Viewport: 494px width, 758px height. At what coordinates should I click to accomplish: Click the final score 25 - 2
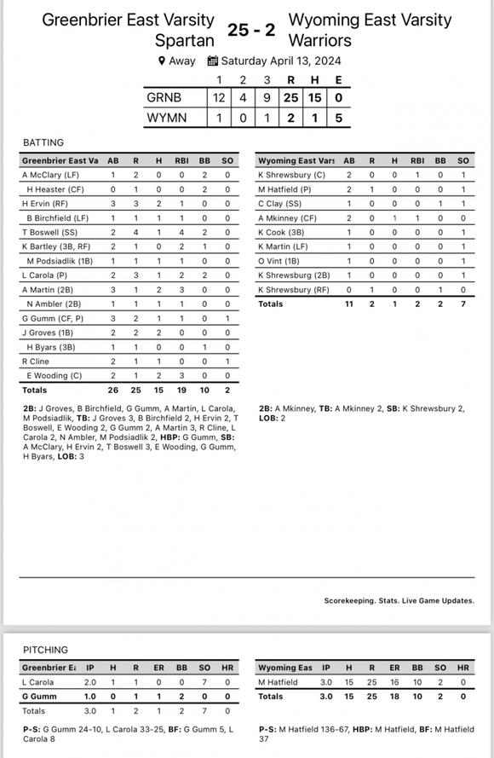click(251, 29)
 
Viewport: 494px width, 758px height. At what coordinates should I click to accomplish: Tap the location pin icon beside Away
click(162, 61)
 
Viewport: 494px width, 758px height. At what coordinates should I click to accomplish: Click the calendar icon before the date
click(213, 61)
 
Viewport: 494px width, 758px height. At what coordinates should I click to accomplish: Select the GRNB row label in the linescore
click(164, 98)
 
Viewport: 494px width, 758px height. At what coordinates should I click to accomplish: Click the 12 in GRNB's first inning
click(219, 98)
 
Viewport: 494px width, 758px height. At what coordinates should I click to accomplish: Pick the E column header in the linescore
click(339, 80)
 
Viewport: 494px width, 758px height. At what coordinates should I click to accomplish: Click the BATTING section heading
click(43, 142)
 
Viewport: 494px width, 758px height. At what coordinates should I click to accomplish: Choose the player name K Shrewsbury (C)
click(291, 175)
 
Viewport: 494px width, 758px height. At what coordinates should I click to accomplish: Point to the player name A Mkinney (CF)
click(290, 217)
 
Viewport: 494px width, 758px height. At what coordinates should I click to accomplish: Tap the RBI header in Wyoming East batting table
click(417, 160)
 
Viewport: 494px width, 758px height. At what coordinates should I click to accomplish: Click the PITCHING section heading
click(45, 650)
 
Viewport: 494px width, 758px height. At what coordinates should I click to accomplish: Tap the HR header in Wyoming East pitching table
click(463, 668)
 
